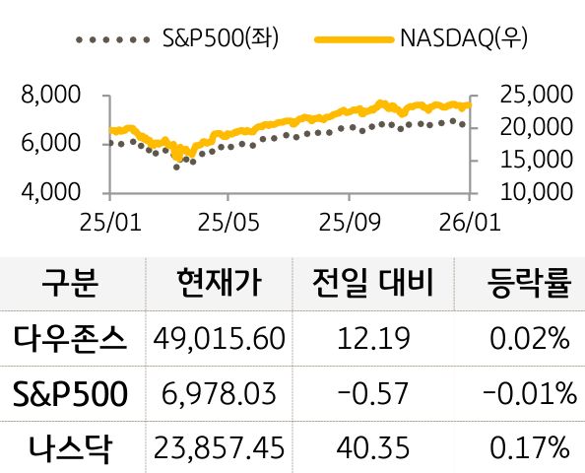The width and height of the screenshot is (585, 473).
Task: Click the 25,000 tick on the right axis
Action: click(537, 96)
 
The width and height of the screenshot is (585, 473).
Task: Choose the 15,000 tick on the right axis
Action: click(537, 159)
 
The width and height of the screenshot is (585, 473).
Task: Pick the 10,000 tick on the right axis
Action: click(537, 190)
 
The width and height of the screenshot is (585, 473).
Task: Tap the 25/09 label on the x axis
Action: click(350, 222)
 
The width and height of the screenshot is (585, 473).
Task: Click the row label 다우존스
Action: click(70, 339)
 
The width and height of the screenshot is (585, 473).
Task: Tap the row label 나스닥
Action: click(70, 449)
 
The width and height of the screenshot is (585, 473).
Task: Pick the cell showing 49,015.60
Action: click(220, 339)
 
